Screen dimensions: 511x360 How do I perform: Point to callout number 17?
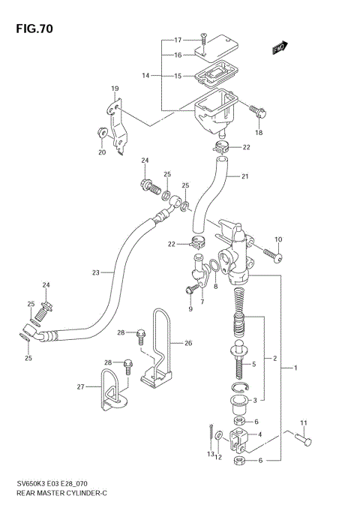pos(178,40)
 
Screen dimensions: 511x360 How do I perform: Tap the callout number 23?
pos(95,273)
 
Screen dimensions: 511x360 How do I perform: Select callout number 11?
pos(303,423)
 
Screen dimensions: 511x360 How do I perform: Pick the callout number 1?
pos(295,368)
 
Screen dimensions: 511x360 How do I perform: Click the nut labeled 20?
pos(100,134)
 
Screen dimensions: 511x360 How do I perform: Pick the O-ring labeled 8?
pos(214,266)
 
